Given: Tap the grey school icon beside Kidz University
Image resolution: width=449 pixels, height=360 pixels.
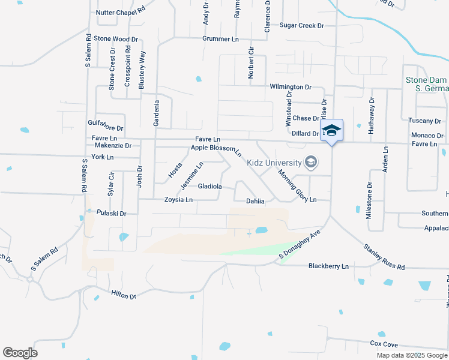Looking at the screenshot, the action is pyautogui.click(x=311, y=162).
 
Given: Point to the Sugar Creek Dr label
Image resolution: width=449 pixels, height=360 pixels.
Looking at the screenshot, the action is pyautogui.click(x=302, y=26).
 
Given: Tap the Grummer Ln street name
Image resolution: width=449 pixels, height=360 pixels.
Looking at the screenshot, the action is pyautogui.click(x=220, y=39).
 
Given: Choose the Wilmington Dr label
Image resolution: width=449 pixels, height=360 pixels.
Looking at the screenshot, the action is pyautogui.click(x=291, y=87).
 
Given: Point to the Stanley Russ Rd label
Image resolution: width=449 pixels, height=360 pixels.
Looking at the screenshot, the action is pyautogui.click(x=384, y=256).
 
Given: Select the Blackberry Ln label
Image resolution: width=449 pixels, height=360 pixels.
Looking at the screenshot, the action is pyautogui.click(x=328, y=266).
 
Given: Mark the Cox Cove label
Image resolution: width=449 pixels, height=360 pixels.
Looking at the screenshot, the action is pyautogui.click(x=384, y=344).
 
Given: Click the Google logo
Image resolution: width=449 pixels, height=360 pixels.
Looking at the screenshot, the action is pyautogui.click(x=20, y=353).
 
